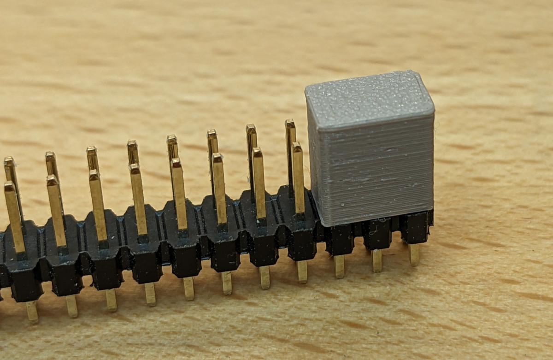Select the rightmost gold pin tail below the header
point(414,254)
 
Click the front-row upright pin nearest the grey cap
point(298,180)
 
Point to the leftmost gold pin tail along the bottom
point(32,312)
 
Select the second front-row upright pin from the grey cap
point(259,184)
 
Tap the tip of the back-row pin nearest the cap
point(289,123)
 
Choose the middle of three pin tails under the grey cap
point(377,260)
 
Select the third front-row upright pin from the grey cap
point(219,189)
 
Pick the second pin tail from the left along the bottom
point(71,306)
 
